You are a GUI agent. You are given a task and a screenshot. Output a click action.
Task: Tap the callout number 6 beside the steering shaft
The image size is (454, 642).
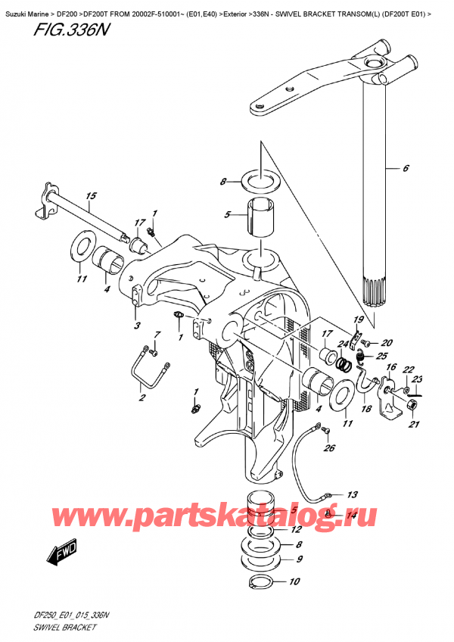pos(406,168)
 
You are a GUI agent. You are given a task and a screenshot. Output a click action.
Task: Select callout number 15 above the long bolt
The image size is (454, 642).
pos(91,198)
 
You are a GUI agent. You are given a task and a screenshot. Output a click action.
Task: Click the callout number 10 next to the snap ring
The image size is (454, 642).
pos(294,582)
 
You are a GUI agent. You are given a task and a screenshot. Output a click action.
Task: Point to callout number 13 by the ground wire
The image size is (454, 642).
pos(352,494)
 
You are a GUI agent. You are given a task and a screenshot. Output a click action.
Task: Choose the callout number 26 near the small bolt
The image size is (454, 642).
pos(328,447)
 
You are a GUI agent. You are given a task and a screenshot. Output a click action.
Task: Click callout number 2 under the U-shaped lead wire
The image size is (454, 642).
pos(140,396)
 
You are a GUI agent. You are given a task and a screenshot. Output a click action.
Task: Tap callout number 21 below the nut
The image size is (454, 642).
pos(413,425)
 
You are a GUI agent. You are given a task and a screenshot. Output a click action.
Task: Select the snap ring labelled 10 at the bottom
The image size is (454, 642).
pos(262,582)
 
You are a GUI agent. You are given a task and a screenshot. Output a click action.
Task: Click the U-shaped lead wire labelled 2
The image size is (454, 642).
pos(148,363)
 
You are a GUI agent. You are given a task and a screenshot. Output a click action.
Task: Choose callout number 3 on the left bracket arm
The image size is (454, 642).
pos(136,326)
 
